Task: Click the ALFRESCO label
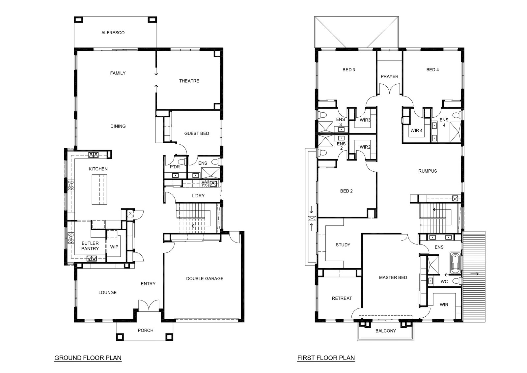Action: tap(113, 33)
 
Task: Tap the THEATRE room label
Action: tap(189, 81)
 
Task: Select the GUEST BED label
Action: tap(197, 133)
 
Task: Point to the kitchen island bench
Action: tap(99, 189)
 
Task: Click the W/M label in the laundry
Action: tap(205, 182)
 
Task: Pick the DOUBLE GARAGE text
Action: tap(205, 279)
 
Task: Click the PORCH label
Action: tap(146, 330)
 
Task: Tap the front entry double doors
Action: tap(149, 305)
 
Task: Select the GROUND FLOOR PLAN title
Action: tap(88, 358)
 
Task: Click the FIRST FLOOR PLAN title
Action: tap(326, 358)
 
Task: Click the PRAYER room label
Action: tap(390, 76)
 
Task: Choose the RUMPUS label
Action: tap(428, 171)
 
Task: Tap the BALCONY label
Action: tap(386, 331)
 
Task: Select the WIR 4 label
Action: tap(416, 130)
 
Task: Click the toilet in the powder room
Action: tap(181, 162)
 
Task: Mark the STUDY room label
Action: tap(343, 245)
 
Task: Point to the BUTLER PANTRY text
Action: tap(90, 246)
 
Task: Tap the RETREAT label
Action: tap(342, 299)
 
